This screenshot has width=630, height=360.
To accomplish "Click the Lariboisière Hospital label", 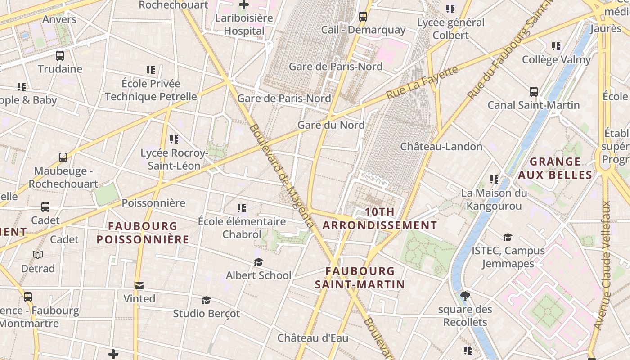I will coord(244,25).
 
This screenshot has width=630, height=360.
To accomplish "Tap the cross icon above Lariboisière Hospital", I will coord(244,5).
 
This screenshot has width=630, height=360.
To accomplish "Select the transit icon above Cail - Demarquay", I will coord(363,17).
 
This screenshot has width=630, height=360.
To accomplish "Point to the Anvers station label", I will coord(59,20).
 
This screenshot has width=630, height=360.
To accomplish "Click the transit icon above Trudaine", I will coord(60,56).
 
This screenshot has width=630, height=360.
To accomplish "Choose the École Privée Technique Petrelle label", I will coord(151,90).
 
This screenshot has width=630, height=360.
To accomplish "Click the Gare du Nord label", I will coord(331,125).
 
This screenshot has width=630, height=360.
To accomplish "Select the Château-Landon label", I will coord(441,147).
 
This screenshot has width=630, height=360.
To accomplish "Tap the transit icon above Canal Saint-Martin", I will coord(534,92).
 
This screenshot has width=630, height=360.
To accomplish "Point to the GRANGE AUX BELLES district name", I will coord(554,168).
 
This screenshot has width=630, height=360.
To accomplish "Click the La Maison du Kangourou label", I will coord(494,200).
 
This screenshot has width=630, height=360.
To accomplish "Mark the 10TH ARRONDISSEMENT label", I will coord(380,219).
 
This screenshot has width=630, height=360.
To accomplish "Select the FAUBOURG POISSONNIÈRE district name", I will coord(143,233).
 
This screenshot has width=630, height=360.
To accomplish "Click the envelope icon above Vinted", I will coord(139,286).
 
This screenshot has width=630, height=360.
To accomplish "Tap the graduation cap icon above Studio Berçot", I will coord(206,300).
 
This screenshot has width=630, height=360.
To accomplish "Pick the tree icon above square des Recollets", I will coord(465,296).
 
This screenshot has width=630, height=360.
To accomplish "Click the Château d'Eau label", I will coord(313,338).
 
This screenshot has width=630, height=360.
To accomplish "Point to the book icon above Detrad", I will coord(38,255).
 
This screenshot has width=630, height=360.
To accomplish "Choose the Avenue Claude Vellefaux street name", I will coord(603,265).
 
